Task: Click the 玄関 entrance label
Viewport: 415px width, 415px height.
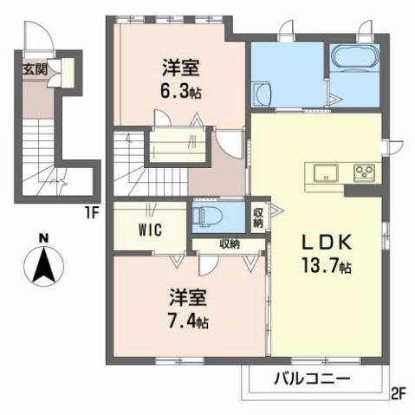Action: click(x=35, y=68)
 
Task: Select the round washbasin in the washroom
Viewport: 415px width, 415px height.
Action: click(x=262, y=94)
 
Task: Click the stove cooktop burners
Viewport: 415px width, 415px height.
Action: click(x=363, y=171)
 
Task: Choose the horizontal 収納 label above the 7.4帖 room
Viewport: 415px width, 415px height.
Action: click(x=229, y=244)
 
